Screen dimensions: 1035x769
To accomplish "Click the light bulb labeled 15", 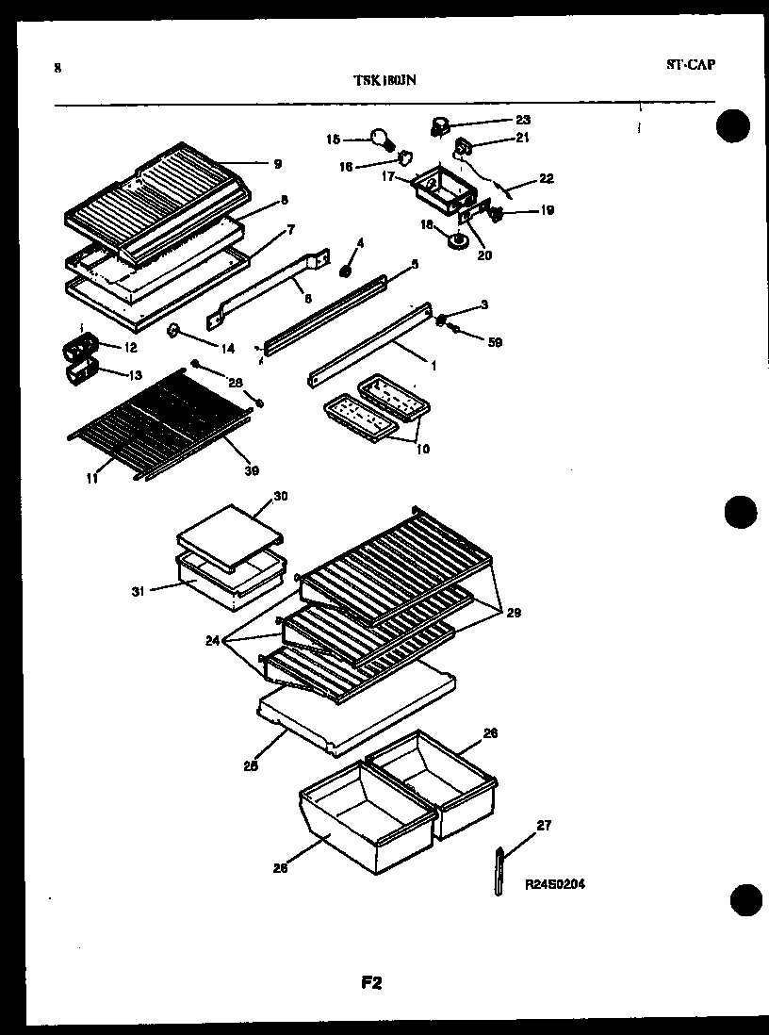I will point(380,140).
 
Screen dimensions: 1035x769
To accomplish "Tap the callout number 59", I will point(494,342).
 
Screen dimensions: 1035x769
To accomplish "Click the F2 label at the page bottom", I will point(371,983).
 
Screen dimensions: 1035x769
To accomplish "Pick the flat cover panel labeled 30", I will point(231,534).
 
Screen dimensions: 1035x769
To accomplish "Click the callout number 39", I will point(252,470).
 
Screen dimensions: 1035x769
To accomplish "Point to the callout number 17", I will point(388,176).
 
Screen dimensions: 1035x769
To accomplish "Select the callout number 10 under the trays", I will point(420,449).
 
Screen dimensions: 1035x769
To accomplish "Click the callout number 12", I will point(131,348).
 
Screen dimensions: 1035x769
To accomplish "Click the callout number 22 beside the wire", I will point(547,177).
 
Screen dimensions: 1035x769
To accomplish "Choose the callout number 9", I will point(277,164).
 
